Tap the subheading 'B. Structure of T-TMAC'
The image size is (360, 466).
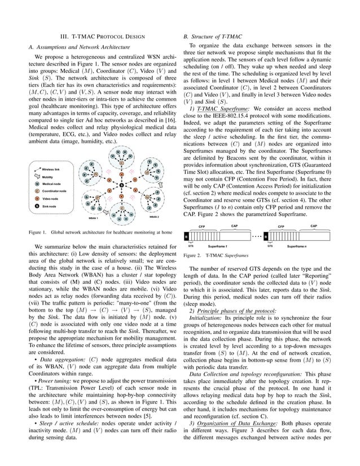point(219,36)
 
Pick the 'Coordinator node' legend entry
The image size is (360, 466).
point(57,175)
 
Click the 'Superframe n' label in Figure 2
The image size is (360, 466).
point(300,247)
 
